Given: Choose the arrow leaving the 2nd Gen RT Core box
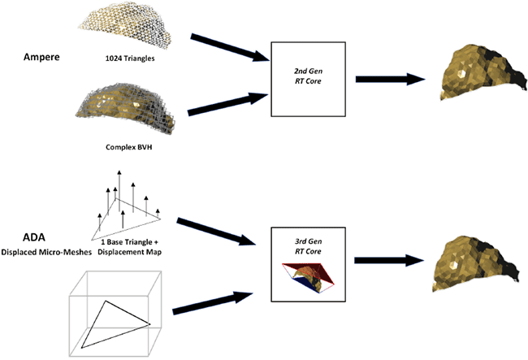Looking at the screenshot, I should click(x=389, y=80).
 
